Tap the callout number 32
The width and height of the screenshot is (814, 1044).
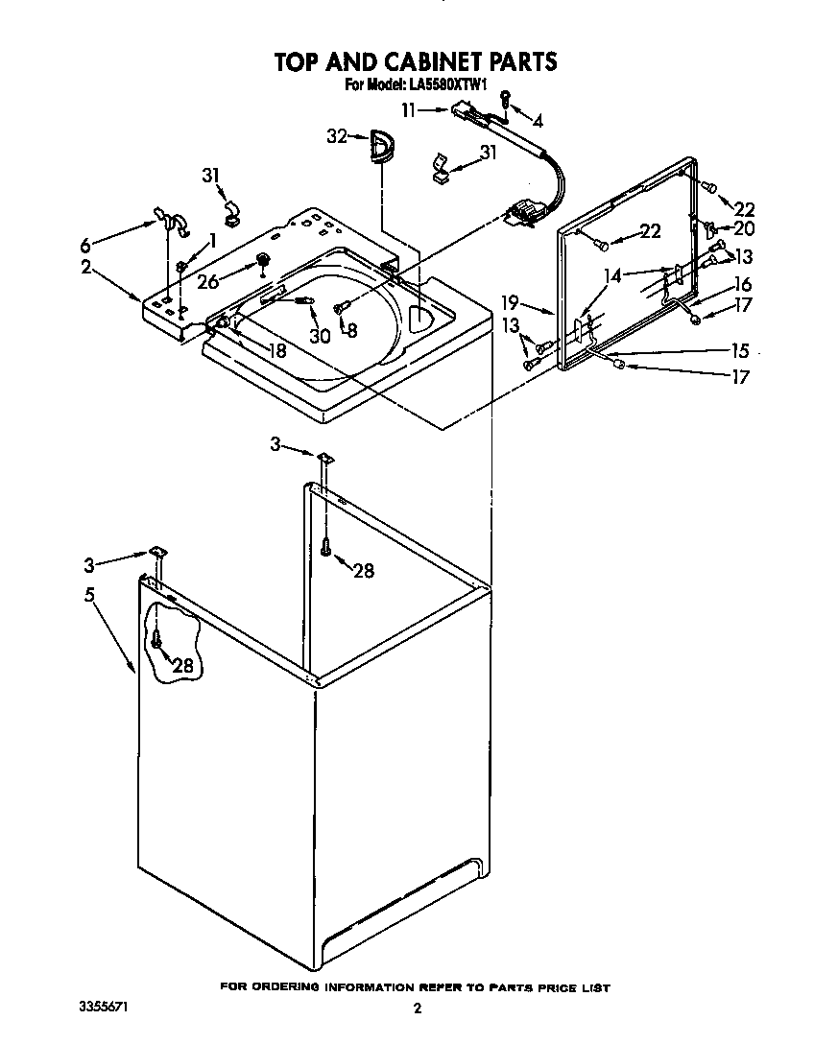(x=336, y=137)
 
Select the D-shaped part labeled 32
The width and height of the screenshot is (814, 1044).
(x=381, y=149)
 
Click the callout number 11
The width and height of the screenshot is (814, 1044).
(x=410, y=110)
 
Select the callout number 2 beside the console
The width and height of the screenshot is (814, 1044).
(x=86, y=268)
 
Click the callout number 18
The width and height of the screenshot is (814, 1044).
(x=275, y=351)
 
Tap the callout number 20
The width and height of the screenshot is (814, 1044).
(x=744, y=228)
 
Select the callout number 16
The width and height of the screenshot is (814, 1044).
(x=742, y=285)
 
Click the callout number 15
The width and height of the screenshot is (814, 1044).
(x=740, y=350)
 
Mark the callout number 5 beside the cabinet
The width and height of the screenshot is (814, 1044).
(x=88, y=595)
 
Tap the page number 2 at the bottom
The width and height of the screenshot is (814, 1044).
(x=417, y=1008)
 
